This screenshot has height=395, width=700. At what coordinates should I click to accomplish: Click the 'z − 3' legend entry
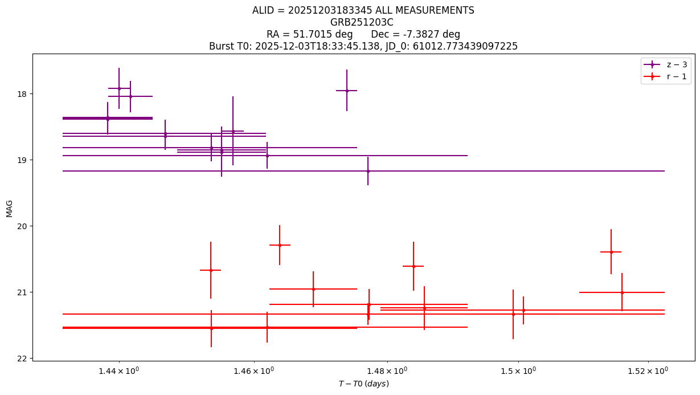click(665, 65)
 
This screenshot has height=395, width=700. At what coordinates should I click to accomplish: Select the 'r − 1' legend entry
click(665, 76)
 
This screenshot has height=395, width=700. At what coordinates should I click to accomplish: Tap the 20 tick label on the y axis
click(22, 226)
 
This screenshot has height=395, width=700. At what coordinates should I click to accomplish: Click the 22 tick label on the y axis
click(22, 359)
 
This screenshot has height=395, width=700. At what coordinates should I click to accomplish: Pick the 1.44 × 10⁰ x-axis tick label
click(118, 370)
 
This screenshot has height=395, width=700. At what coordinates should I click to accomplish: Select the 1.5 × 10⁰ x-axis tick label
click(518, 370)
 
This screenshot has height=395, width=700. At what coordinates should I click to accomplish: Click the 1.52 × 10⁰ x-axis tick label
click(648, 370)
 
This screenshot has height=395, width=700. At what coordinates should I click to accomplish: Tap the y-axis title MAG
click(9, 209)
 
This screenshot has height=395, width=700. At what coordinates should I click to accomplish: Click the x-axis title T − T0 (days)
click(364, 384)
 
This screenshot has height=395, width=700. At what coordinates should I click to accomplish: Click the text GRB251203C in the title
click(362, 22)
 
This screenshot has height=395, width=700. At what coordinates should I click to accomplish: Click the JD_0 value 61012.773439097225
click(465, 46)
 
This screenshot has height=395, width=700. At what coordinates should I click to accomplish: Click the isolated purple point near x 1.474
click(347, 91)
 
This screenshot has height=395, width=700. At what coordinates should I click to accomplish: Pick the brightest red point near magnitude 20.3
click(280, 245)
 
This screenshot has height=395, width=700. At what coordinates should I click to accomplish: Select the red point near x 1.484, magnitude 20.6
click(414, 266)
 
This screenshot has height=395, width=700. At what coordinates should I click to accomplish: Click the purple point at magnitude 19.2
click(368, 171)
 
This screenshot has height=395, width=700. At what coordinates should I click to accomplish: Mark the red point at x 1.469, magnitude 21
click(313, 289)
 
